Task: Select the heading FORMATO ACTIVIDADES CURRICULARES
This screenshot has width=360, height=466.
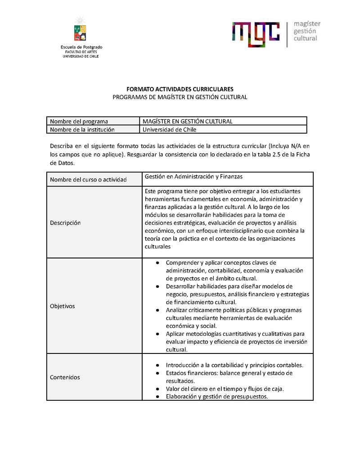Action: click(180, 89)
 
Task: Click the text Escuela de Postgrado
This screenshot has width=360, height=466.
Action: click(81, 47)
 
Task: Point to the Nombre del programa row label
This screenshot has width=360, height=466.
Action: click(79, 121)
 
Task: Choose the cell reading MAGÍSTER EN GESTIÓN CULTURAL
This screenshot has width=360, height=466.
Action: click(187, 121)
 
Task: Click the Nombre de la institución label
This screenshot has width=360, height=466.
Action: click(82, 130)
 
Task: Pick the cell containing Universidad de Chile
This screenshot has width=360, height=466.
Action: click(170, 130)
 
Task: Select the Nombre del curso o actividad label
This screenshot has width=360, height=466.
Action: click(88, 180)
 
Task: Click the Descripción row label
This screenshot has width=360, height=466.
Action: click(65, 223)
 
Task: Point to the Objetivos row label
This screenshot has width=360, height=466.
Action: click(63, 306)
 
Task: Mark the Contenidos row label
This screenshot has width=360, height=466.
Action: click(65, 377)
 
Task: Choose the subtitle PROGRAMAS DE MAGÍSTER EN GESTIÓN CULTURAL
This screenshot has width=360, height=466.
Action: click(180, 97)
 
